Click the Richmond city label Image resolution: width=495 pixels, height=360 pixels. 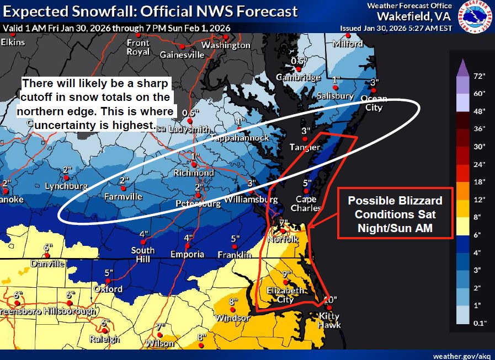(x=194, y=173)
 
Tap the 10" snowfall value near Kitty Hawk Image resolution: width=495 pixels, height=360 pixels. (x=329, y=300)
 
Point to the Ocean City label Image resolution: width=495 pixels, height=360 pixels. (x=374, y=103)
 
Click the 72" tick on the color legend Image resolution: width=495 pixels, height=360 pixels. (x=478, y=76)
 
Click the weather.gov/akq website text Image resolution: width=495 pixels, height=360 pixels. (x=461, y=355)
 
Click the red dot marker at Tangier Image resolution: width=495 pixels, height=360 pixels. (x=305, y=139)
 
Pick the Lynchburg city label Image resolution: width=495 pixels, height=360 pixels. (x=66, y=186)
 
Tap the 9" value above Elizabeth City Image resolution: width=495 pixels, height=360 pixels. (x=287, y=274)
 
